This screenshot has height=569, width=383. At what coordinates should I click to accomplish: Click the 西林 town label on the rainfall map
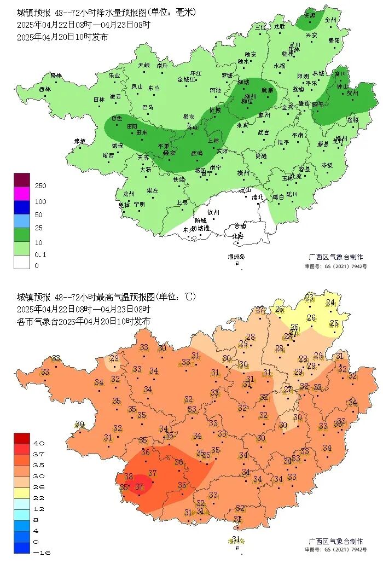[x=45, y=89]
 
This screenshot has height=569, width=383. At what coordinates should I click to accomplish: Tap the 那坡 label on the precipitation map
[x=80, y=141]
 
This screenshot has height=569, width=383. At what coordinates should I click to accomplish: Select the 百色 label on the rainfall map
[x=117, y=118]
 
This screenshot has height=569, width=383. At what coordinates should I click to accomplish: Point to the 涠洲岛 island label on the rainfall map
[x=236, y=257]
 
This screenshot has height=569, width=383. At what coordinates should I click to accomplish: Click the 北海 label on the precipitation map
[x=238, y=236]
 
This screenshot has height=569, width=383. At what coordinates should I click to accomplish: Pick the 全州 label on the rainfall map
[x=330, y=19]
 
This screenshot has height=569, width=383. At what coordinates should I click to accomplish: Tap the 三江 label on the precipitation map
[x=260, y=27]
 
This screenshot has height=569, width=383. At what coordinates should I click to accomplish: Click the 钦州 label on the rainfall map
[x=213, y=212]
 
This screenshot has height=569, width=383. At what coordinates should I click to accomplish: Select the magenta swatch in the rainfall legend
[x=22, y=193]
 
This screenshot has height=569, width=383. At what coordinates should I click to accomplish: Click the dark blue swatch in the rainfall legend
[x=22, y=207]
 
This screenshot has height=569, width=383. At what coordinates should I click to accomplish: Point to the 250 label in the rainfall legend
[x=40, y=186]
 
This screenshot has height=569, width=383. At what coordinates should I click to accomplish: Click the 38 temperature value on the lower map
[x=129, y=477]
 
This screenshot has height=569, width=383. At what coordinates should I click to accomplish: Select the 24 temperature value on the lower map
[x=330, y=303]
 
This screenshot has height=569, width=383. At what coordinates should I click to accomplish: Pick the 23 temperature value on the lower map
[x=310, y=297]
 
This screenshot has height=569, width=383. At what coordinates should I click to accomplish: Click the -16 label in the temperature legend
[x=42, y=553]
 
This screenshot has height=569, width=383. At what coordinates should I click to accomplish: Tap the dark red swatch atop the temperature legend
[x=22, y=438]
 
